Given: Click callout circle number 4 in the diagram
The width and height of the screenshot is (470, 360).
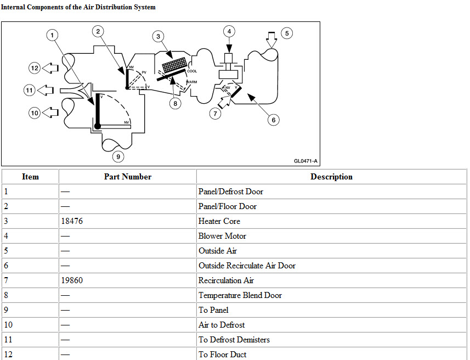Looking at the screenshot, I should point(229,31).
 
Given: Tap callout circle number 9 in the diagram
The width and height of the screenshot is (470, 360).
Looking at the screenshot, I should point(118,156).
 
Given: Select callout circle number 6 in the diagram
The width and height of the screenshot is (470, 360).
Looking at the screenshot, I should point(273,119).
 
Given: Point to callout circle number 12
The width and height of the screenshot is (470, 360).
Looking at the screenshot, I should point(35,68).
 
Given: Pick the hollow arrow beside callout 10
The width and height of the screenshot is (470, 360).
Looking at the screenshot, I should point(50,113).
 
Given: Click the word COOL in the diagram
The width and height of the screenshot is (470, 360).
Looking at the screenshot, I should point(192,71).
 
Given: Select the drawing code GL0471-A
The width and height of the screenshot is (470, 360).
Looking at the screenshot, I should point(305,161).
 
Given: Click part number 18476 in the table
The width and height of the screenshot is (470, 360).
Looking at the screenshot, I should point(73,221).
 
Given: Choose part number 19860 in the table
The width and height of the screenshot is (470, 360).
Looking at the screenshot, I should point(73,280).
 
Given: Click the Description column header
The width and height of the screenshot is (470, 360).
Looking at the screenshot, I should point(331,177).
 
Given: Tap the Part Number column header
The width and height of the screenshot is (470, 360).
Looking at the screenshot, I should point(128,177).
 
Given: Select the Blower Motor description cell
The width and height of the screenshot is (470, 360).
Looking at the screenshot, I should point(222,236).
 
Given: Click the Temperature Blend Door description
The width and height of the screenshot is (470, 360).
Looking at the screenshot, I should point(240,295).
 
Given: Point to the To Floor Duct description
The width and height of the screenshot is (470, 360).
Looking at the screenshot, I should point(222,355).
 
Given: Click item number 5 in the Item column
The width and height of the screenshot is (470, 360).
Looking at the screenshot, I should point(6,251).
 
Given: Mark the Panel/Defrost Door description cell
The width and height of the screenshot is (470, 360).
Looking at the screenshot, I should point(230,192).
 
